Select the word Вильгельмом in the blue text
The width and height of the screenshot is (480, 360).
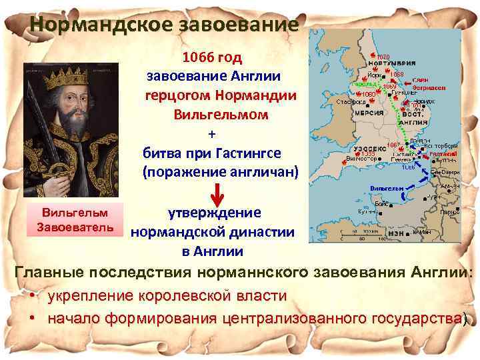[x=221, y=114]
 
